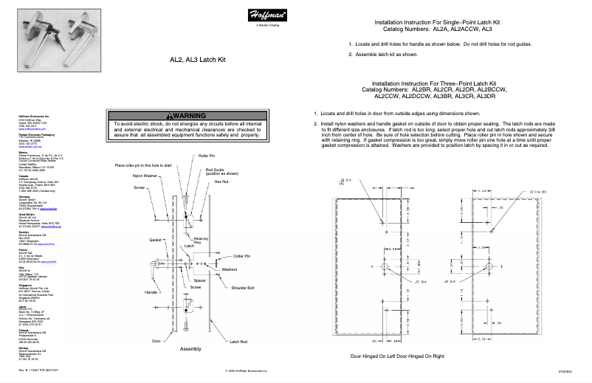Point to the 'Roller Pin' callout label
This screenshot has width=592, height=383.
click(207, 157)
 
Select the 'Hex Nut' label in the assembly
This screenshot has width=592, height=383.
click(221, 181)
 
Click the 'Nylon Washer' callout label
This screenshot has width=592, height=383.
click(144, 176)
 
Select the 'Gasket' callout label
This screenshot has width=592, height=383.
click(155, 240)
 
